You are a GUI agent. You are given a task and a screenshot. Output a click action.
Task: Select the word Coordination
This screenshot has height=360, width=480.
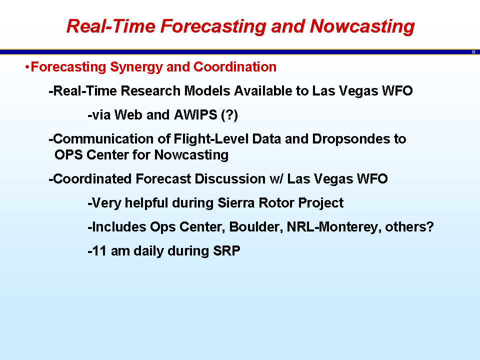point(235,66)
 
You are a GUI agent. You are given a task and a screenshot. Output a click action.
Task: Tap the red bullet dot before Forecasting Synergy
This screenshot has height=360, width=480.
point(27,66)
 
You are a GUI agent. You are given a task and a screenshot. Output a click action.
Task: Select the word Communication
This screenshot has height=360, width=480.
point(103,138)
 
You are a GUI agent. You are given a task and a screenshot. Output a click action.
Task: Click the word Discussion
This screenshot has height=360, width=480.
point(230,179)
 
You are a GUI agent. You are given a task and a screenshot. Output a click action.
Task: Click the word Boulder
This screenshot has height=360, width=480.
point(256,227)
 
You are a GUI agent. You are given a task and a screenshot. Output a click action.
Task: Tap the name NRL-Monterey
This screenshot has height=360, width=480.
point(334,227)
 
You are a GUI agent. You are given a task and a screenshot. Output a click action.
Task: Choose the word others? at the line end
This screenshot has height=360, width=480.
point(409,227)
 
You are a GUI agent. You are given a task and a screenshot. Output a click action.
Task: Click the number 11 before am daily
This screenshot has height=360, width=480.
point(99,251)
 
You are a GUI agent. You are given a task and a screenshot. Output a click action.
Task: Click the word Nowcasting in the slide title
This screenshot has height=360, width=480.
point(362,26)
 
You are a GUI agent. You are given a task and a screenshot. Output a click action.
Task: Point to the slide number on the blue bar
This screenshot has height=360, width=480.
point(473,52)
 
